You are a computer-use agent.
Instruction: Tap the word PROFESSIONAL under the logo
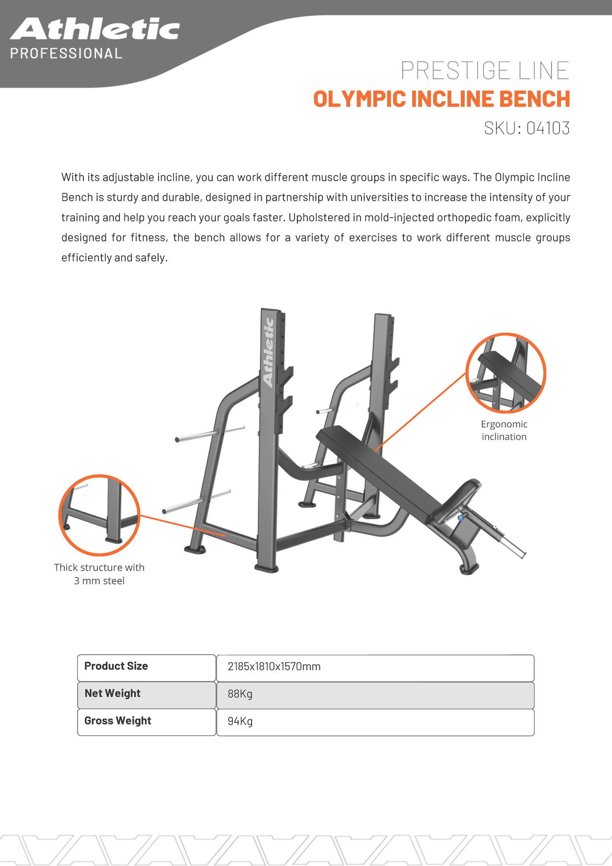click(x=66, y=53)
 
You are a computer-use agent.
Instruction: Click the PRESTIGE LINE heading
click(x=485, y=71)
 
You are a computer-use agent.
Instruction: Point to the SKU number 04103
click(x=548, y=128)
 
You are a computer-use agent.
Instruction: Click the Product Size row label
click(x=116, y=666)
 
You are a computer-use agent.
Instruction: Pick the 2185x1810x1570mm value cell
click(x=274, y=667)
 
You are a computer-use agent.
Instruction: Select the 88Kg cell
click(x=240, y=694)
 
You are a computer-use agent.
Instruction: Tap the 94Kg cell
click(x=240, y=721)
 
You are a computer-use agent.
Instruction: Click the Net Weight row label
click(x=112, y=693)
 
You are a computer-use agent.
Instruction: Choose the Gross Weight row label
click(x=117, y=721)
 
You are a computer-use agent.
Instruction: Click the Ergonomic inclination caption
click(x=504, y=430)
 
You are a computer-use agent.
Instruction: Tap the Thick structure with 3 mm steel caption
click(x=99, y=574)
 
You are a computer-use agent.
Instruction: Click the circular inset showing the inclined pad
click(x=505, y=373)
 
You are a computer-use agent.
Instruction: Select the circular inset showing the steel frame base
click(x=99, y=515)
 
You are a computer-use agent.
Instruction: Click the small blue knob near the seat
click(x=461, y=518)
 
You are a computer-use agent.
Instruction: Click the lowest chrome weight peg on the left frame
click(x=197, y=502)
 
